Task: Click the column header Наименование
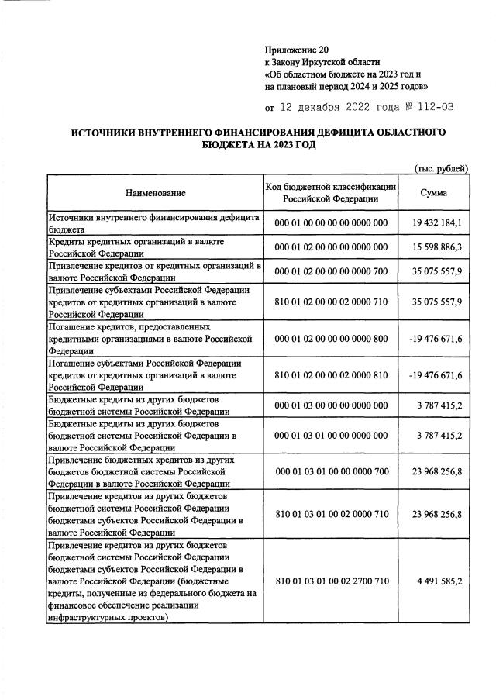pos(153,192)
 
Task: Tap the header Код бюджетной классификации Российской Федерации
pos(331,192)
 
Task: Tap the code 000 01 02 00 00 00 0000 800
pos(331,339)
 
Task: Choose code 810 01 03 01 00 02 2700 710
pos(331,581)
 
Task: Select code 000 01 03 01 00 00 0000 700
pos(331,470)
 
